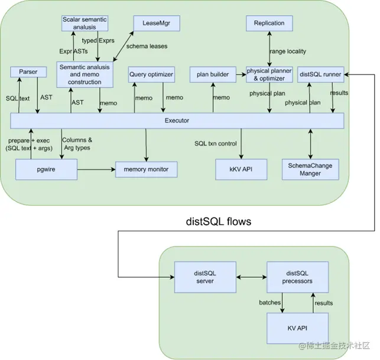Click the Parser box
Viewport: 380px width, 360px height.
28,72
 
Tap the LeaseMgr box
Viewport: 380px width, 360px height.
156,24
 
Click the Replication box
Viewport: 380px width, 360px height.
269,24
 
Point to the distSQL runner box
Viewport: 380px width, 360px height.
321,74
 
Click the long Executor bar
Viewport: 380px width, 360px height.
177,121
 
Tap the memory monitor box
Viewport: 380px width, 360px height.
146,170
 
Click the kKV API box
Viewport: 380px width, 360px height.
241,170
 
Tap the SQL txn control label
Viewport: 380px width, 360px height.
216,144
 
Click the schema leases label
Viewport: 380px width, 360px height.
147,46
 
